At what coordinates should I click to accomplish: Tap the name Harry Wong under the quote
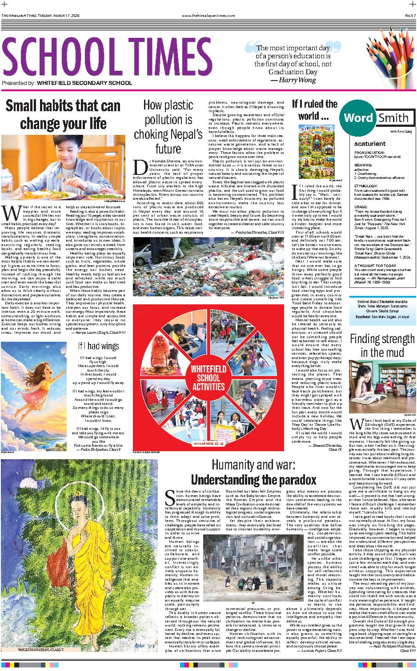pos(295,80)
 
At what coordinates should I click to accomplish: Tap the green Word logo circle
pos(358,117)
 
